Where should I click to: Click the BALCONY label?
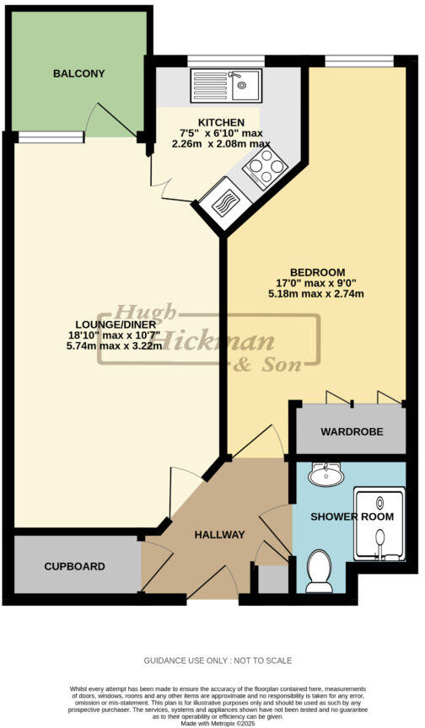(x=78, y=74)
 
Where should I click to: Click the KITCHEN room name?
(x=222, y=122)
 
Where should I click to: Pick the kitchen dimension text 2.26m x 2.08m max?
(x=222, y=144)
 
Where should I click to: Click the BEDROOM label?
(x=317, y=271)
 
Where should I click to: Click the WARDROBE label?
(x=351, y=431)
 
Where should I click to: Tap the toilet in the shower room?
(x=320, y=571)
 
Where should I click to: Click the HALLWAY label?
(x=219, y=535)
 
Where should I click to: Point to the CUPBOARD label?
(x=74, y=567)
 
